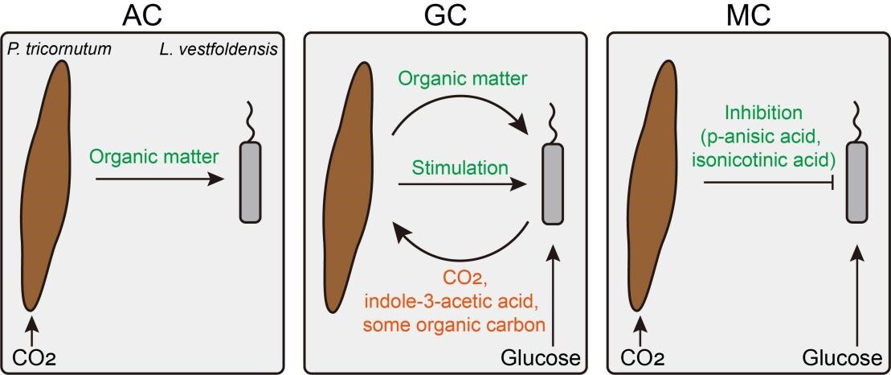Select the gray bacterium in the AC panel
click(251, 181)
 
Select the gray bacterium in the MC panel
click(857, 182)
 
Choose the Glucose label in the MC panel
click(840, 356)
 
